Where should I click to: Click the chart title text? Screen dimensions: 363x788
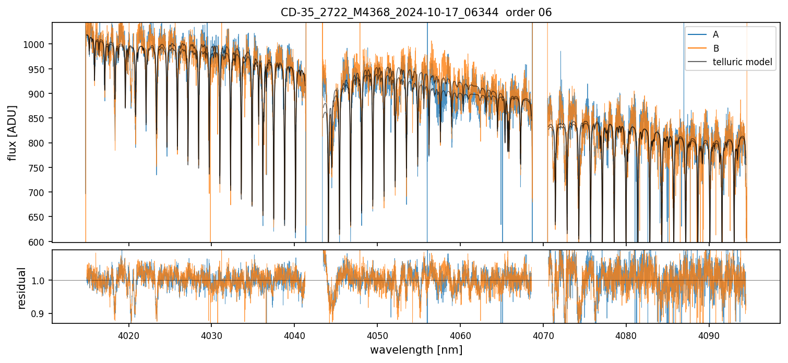pos(416,13)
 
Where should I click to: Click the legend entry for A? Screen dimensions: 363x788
pos(715,34)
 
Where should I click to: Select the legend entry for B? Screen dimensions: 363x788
pos(715,49)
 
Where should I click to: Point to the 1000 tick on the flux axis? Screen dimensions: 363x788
pos(37,45)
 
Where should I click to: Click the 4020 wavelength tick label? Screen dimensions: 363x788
pos(128,335)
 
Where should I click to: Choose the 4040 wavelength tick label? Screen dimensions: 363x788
pos(294,335)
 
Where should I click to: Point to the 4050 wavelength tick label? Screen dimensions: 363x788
pos(377,335)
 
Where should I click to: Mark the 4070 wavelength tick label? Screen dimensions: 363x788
pos(543,335)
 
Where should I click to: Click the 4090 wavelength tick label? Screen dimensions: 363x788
pos(709,335)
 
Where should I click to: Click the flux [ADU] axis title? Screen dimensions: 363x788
pos(12,132)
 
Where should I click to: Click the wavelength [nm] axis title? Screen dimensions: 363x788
pos(416,350)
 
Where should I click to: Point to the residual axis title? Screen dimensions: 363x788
pos(21,288)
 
